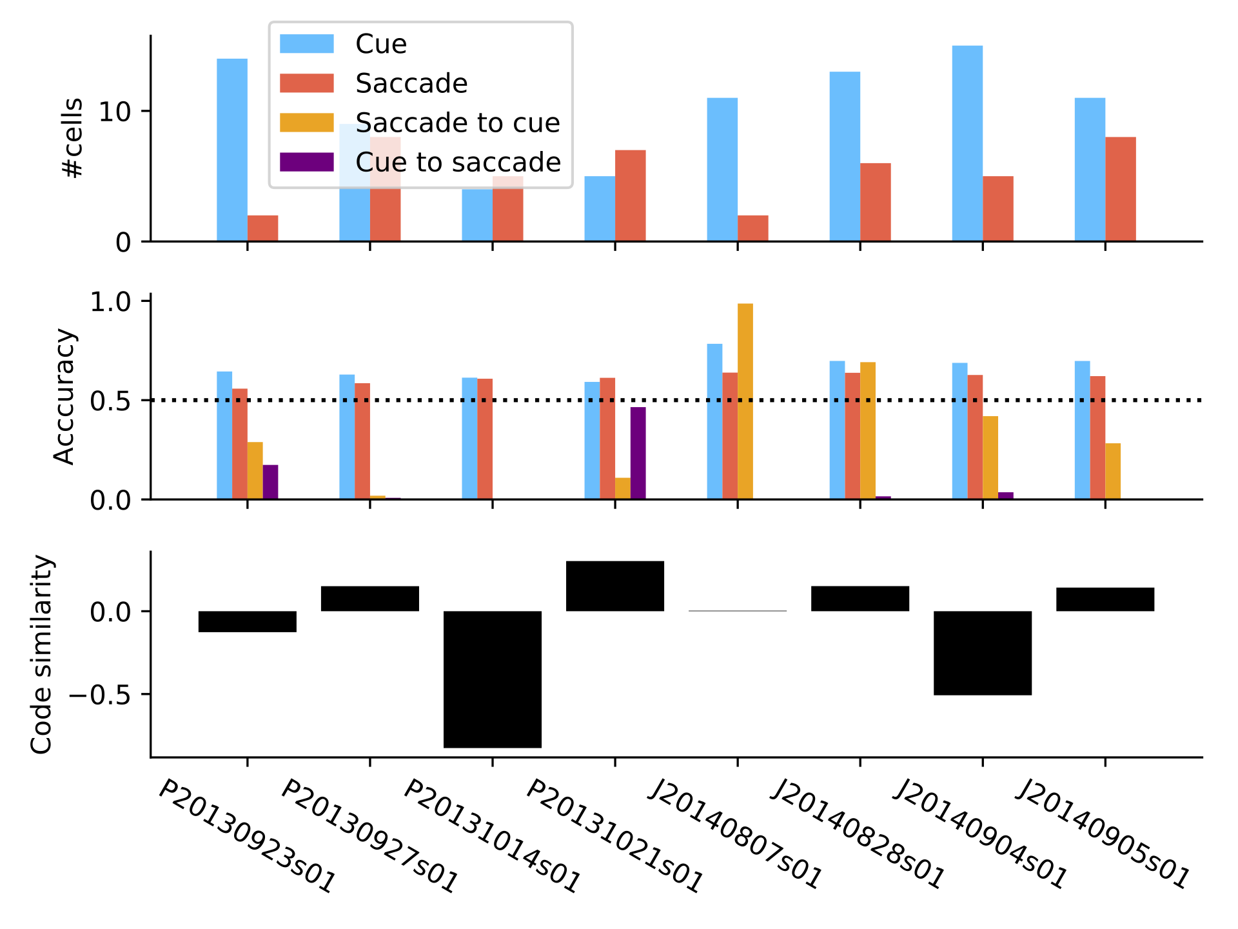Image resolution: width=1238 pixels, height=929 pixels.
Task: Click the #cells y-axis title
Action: coord(72,137)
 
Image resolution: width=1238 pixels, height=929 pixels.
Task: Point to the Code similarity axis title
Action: coord(41,654)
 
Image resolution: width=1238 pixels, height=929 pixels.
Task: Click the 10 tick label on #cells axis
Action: coord(114,112)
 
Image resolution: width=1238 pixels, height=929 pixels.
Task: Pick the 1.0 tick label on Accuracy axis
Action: coord(110,302)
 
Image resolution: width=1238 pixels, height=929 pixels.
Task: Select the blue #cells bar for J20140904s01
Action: coord(967,143)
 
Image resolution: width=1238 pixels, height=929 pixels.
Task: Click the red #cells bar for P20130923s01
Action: coord(263,228)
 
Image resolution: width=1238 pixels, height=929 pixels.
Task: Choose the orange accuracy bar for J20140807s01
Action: coord(745,401)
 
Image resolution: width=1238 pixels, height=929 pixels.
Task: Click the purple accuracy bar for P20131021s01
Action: coord(638,454)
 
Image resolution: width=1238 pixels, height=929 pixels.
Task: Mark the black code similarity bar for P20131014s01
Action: coord(493,679)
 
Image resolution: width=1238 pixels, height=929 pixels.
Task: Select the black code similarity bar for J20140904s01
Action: coord(983,653)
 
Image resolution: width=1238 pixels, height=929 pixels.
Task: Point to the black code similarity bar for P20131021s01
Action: coord(615,586)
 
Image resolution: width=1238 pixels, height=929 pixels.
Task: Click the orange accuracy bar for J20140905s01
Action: coord(1113,471)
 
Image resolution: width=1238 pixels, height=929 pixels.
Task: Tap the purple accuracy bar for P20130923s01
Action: coord(271,482)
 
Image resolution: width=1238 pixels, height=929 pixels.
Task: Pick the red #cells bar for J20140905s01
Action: coord(1121,189)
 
